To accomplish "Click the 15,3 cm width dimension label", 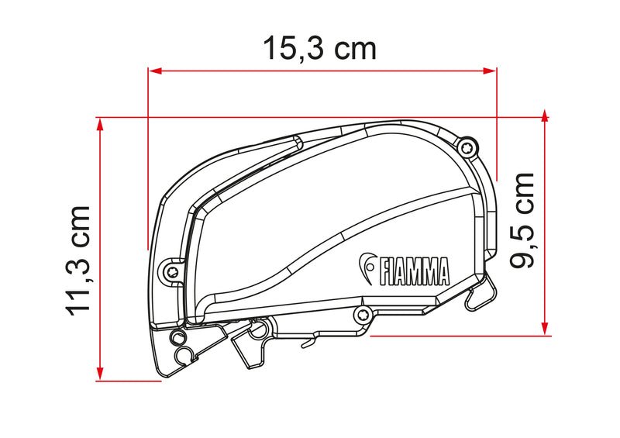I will [x=319, y=47].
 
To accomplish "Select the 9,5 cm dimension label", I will [x=522, y=219].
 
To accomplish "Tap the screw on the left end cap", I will [x=170, y=268].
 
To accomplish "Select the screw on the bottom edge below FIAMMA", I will [x=360, y=313].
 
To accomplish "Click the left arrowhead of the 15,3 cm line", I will [x=153, y=71].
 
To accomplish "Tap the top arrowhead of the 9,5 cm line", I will [x=545, y=116].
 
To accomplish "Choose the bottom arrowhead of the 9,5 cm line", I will [x=545, y=329].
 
